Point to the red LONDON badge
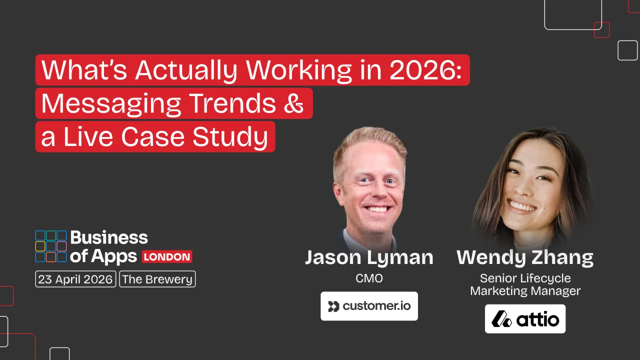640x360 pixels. (167, 257)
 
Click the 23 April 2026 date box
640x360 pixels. (75, 279)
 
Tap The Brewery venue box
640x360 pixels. (157, 279)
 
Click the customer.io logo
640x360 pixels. (369, 306)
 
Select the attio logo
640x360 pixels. (525, 319)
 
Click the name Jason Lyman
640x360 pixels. (369, 257)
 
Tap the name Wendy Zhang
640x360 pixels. (525, 257)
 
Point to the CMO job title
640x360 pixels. (369, 278)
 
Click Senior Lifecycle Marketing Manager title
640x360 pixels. (525, 284)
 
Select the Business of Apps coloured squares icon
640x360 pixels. (51, 246)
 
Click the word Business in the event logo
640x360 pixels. (109, 237)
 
